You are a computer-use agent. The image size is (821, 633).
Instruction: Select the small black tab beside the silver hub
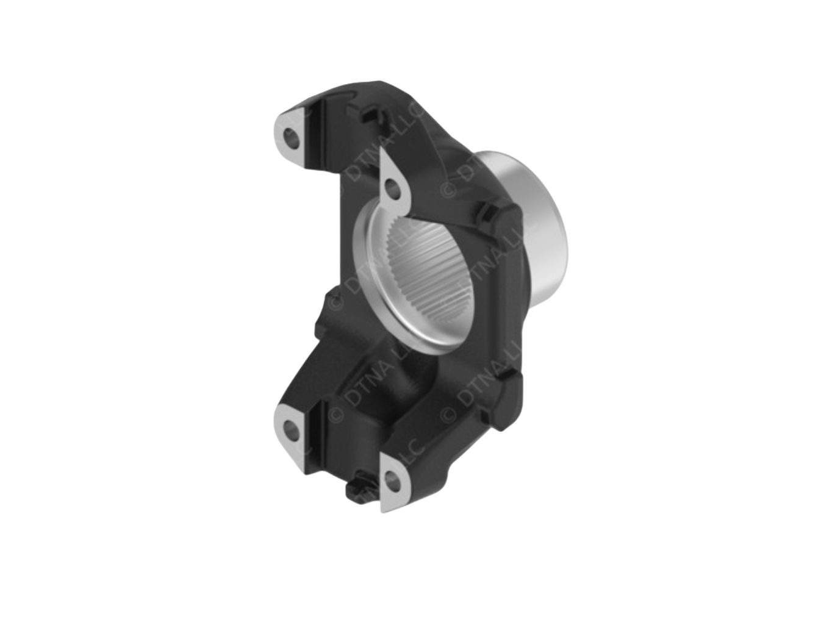pyautogui.click(x=486, y=213)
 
